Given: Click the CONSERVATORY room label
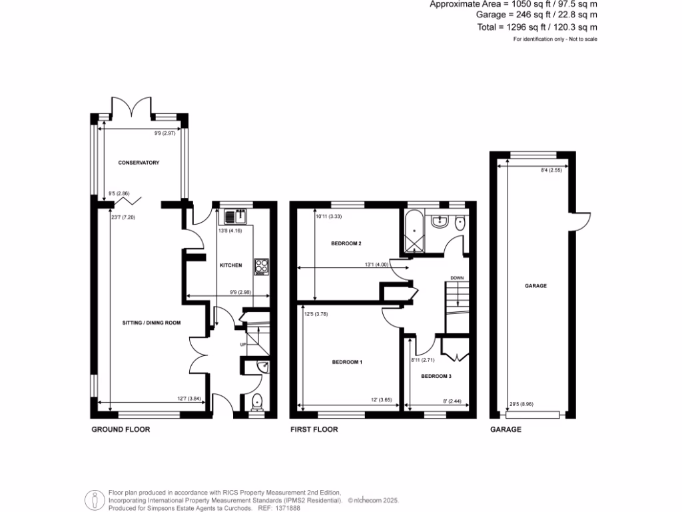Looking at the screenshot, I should coord(139,163).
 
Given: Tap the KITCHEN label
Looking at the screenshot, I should coord(230,265).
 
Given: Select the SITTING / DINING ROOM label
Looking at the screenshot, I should coord(152,323).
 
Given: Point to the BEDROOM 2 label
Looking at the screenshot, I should coord(346,243).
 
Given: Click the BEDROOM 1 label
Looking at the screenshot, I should coord(347,363).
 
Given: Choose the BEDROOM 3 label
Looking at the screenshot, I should coord(437,377).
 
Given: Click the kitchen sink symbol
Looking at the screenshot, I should coord(235,216).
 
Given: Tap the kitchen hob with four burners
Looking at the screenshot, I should coord(260,267).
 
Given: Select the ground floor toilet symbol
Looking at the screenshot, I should coord(257,401).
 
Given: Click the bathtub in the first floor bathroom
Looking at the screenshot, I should coord(414,230).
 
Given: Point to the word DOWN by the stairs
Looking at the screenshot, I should coord(457,278).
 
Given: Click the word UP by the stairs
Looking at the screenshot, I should coord(244,344).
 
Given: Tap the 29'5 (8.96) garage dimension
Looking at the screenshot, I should coord(520,403).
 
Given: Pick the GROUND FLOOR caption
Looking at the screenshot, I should coord(121,430).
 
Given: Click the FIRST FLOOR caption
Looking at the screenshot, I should coord(314,430).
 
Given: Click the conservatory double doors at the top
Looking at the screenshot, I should coord(133,107).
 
